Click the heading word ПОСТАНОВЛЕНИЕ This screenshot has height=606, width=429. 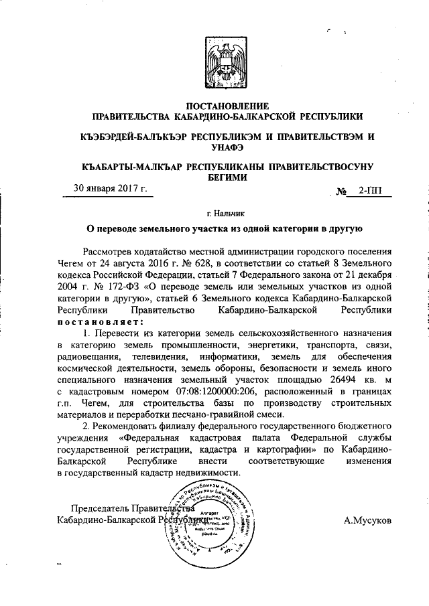pos(227,106)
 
